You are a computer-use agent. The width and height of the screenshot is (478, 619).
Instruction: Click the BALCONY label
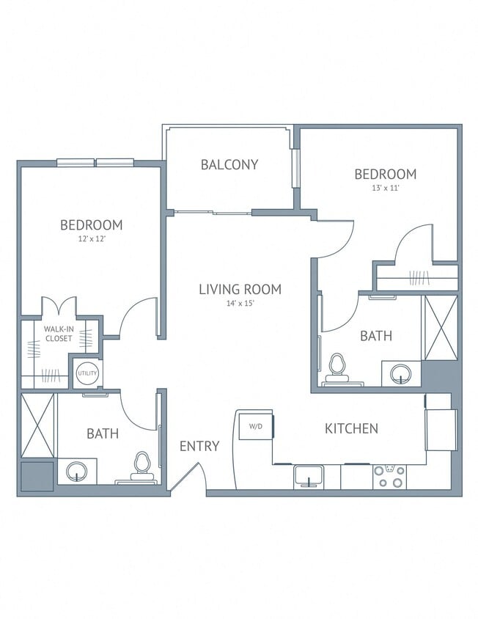coord(229,164)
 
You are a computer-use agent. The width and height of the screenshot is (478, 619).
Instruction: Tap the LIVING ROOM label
coord(240,289)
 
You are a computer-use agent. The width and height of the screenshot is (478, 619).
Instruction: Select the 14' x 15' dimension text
coord(240,304)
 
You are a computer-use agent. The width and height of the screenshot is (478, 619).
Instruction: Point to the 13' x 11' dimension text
coord(386,188)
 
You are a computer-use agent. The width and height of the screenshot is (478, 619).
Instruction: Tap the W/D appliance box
coord(255,426)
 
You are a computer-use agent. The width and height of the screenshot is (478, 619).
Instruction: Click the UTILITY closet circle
coord(87,373)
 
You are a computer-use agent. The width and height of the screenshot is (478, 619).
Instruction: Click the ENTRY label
coord(199,445)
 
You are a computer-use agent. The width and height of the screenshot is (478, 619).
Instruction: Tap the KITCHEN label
coord(351,428)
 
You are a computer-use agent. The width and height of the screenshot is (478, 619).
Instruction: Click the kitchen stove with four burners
coord(389,477)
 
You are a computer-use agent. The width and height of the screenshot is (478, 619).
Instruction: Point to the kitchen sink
coord(310,477)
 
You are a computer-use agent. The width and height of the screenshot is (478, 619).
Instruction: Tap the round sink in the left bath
coord(76,472)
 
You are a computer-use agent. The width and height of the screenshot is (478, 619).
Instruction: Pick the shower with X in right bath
coord(440,327)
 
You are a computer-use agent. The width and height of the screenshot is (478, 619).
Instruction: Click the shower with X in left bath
coord(38,425)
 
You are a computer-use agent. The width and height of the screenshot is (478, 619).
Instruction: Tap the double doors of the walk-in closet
coord(59,307)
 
